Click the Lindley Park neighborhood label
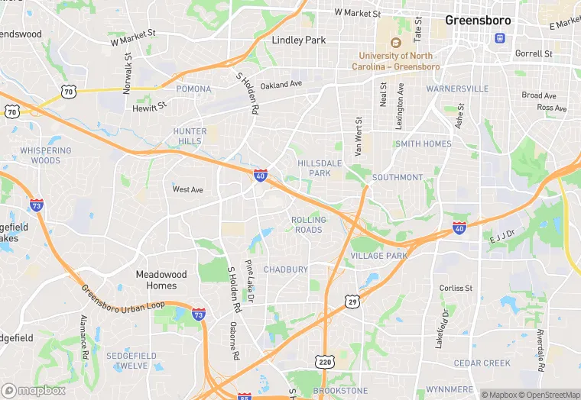[x=299, y=40]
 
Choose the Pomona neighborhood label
[x=193, y=89]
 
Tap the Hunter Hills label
[x=190, y=136]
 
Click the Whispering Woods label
[x=46, y=156]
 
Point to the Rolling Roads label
[x=308, y=224]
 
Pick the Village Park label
[x=379, y=256]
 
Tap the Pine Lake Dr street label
[x=249, y=278]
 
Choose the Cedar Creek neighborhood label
[x=482, y=363]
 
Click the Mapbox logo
[x=34, y=390]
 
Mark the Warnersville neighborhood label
[x=457, y=89]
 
